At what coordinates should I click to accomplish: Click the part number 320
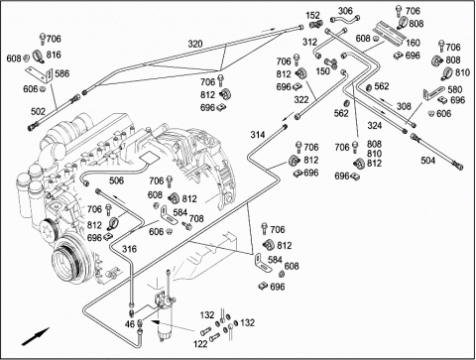[x=195, y=44]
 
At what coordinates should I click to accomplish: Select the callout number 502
[x=38, y=111]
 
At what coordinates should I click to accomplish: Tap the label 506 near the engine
[x=116, y=180]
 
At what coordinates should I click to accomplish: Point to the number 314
[x=258, y=135]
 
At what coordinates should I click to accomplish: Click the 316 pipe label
[x=129, y=249]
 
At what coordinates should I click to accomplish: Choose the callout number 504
[x=427, y=161]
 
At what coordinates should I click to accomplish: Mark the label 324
[x=375, y=125]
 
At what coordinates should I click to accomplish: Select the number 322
[x=301, y=99]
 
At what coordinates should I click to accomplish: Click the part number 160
[x=413, y=43]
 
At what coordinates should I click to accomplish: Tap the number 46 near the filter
[x=130, y=323]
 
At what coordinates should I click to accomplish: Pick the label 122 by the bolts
[x=200, y=344]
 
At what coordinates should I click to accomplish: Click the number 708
[x=196, y=218]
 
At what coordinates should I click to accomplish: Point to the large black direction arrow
[x=36, y=337]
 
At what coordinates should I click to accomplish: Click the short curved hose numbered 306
[x=346, y=20]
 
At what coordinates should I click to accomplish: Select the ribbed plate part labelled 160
[x=389, y=32]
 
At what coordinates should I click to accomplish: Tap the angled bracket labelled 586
[x=40, y=74]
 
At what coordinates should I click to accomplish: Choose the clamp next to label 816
[x=39, y=57]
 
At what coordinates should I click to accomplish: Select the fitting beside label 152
[x=316, y=24]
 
